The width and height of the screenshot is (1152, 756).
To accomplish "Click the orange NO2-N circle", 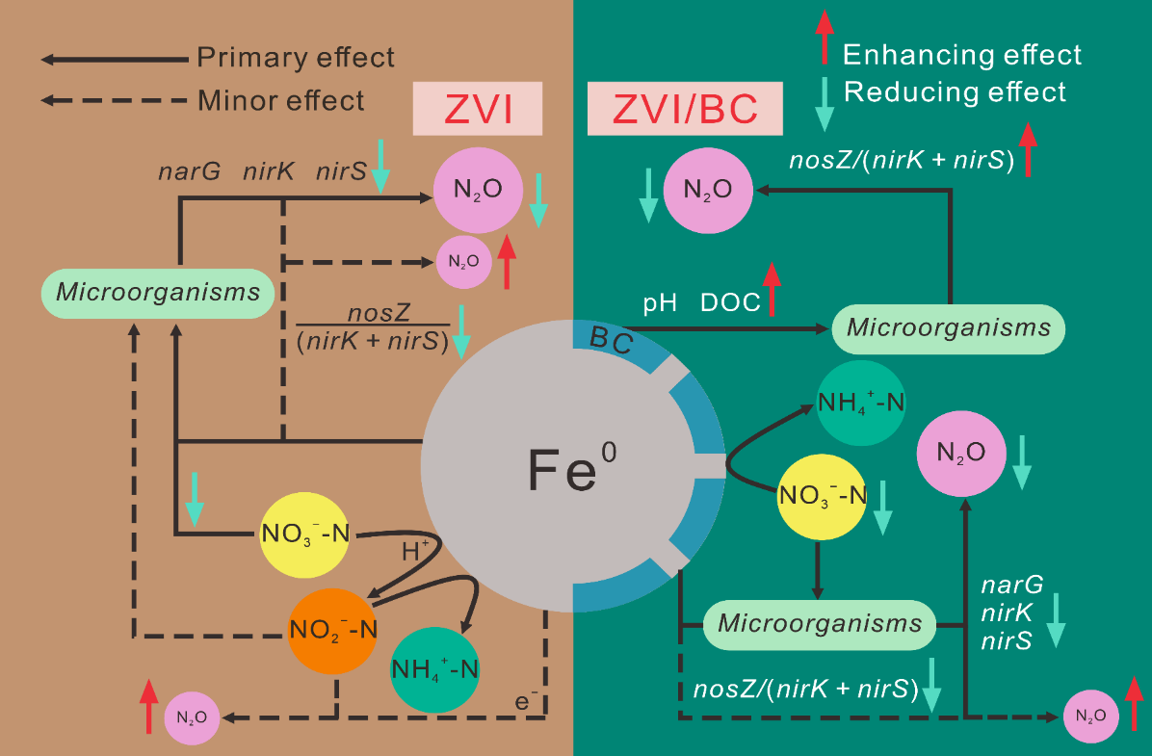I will pyautogui.click(x=332, y=630).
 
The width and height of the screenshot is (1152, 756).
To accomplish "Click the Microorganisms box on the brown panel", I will pyautogui.click(x=158, y=291).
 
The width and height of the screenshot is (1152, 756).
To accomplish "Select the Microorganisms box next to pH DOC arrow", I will pyautogui.click(x=948, y=327).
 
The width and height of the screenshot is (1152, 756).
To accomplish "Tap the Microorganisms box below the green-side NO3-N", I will pyautogui.click(x=820, y=623).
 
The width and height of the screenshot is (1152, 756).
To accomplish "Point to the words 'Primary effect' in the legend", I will pyautogui.click(x=296, y=58).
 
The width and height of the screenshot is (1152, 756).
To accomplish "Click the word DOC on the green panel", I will pyautogui.click(x=730, y=301).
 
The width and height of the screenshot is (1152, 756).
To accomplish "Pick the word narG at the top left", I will pyautogui.click(x=190, y=173).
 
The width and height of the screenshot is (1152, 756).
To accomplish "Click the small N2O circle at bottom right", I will pyautogui.click(x=1091, y=716).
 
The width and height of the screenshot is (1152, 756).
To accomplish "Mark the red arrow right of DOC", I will pyautogui.click(x=772, y=288).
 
